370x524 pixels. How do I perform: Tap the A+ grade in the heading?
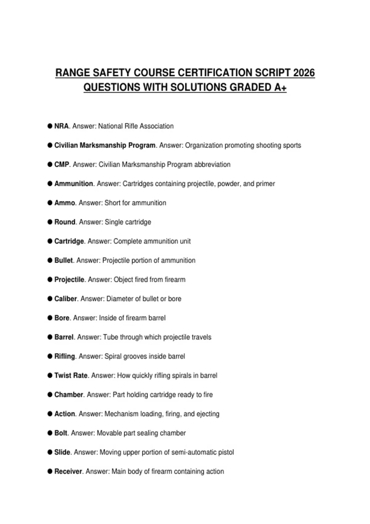point(280,88)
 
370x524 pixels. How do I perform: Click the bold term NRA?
point(61,126)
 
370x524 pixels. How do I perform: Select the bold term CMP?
point(62,165)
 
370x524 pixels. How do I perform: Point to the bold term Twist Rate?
point(71,375)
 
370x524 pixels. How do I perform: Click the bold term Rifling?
point(65,356)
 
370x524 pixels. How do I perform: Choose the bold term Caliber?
point(66,299)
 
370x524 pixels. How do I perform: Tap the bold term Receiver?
point(68,471)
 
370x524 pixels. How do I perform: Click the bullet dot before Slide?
point(50,452)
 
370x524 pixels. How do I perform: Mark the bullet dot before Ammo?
point(50,203)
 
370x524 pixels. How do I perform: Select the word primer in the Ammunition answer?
point(265,184)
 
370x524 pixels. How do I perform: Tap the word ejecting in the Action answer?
point(208,414)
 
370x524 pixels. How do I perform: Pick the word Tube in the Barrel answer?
point(111,337)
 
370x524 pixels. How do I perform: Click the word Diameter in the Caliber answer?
point(120,299)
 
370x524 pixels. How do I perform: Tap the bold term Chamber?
point(69,395)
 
